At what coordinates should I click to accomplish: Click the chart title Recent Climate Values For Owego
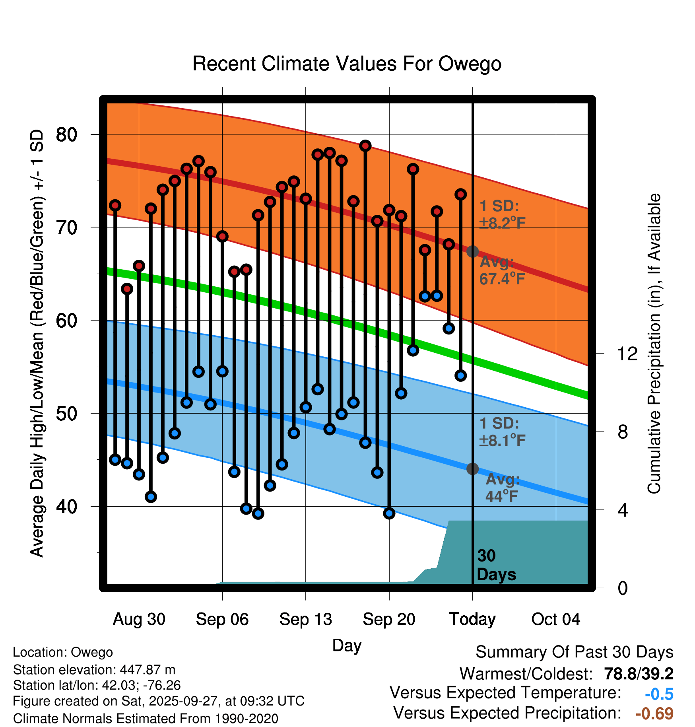click(347, 64)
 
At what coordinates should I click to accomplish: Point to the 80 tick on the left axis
click(66, 135)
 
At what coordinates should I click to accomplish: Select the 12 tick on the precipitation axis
click(627, 354)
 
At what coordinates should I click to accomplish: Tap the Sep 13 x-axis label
click(305, 619)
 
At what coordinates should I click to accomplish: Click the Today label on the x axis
click(472, 619)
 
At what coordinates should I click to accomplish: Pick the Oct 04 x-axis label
click(555, 619)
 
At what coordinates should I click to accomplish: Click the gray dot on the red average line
click(472, 251)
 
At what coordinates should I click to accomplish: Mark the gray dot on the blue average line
click(472, 469)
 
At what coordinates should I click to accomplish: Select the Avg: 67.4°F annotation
click(502, 270)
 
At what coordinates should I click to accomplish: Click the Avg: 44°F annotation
click(503, 488)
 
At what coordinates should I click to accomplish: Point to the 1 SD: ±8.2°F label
click(502, 215)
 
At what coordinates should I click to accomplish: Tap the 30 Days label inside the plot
click(496, 565)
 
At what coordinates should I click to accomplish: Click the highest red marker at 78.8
click(365, 146)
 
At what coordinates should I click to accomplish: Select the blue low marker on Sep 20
click(389, 513)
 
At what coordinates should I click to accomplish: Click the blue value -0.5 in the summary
click(659, 694)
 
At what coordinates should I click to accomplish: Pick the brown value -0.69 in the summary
click(654, 713)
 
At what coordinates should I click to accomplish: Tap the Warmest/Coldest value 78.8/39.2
click(639, 674)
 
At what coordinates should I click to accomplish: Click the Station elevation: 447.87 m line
click(94, 670)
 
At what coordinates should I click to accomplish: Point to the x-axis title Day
click(347, 645)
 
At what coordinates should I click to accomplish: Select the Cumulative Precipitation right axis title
click(654, 344)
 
